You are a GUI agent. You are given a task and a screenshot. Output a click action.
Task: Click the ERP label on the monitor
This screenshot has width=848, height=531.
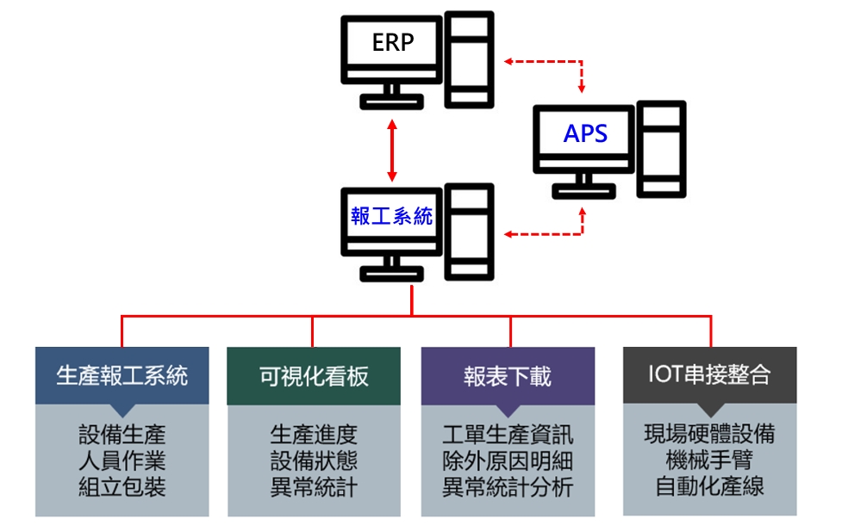click(x=393, y=42)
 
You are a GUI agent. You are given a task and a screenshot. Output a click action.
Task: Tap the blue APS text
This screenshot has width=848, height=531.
click(x=585, y=133)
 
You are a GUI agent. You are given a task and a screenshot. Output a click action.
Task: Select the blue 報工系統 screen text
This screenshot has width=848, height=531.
click(x=391, y=216)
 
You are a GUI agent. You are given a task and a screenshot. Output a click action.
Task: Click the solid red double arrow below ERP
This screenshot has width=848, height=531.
click(x=392, y=151)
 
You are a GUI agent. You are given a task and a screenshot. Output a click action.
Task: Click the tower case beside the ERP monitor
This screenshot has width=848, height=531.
click(x=470, y=59)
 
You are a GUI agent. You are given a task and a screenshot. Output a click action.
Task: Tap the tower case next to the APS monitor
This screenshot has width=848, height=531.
click(x=661, y=149)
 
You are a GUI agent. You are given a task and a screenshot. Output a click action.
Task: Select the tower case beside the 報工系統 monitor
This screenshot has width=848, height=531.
click(x=470, y=232)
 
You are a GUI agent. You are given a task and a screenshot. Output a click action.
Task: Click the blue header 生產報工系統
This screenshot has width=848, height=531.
click(x=122, y=376)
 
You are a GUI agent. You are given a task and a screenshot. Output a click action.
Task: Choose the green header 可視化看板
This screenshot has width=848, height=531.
click(x=314, y=376)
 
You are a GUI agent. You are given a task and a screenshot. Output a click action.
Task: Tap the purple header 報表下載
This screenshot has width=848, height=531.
click(x=508, y=376)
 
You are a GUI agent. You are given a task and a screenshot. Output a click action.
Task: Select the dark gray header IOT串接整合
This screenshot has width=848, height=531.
click(x=709, y=375)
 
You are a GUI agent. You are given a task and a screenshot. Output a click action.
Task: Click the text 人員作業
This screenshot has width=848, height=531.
click(x=122, y=460)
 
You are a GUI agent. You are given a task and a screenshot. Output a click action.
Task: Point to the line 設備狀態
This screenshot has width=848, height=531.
click(x=314, y=460)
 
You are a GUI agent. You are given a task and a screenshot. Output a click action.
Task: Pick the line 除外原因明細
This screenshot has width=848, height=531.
click(x=508, y=460)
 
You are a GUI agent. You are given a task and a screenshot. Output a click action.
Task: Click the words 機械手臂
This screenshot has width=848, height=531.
click(x=709, y=460)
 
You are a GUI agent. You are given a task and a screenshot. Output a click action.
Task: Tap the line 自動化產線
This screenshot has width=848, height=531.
click(x=709, y=485)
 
